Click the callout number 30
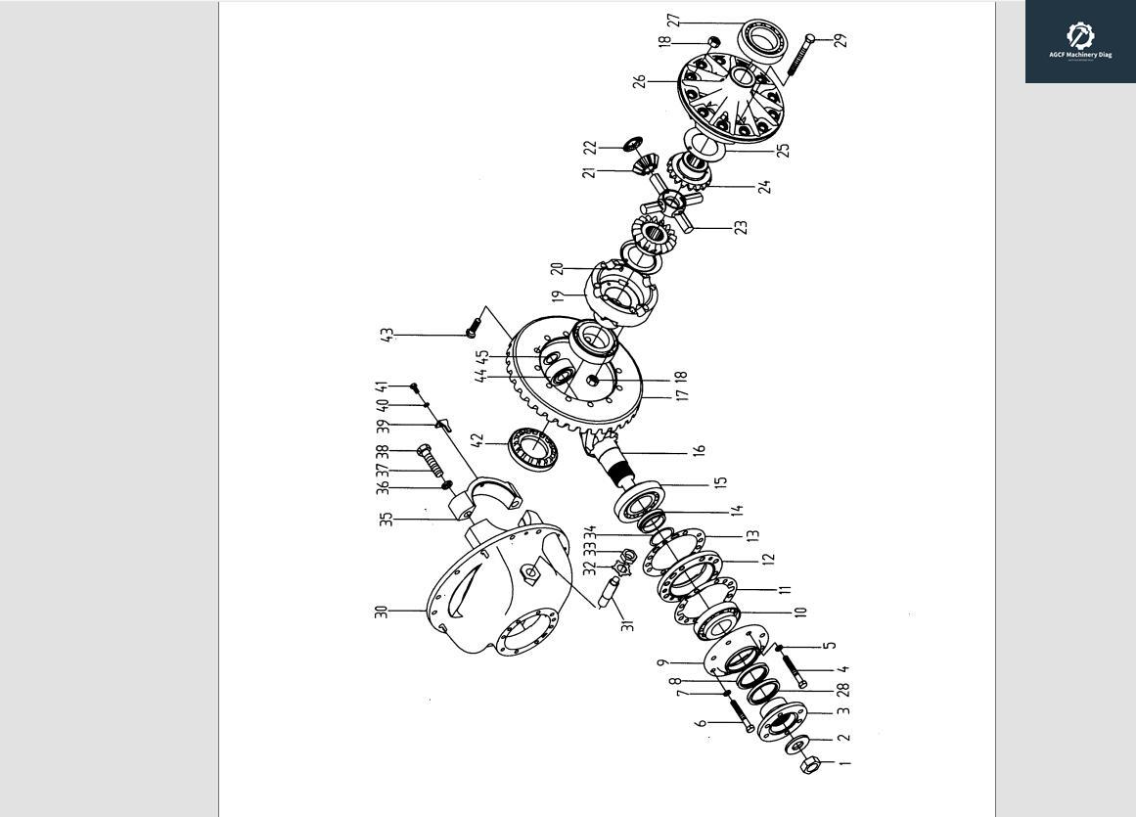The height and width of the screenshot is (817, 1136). point(381,611)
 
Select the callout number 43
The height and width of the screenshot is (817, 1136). point(387,335)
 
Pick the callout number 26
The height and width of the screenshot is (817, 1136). point(640,81)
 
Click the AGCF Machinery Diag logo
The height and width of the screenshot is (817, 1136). point(1080,41)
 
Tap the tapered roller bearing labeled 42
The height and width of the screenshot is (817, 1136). point(533,448)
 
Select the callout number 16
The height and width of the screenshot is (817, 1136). point(699,451)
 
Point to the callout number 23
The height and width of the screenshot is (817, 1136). point(741,227)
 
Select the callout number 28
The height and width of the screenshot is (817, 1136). point(842,690)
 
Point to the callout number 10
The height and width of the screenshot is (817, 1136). point(800,612)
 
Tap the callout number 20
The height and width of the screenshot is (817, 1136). point(558,268)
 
